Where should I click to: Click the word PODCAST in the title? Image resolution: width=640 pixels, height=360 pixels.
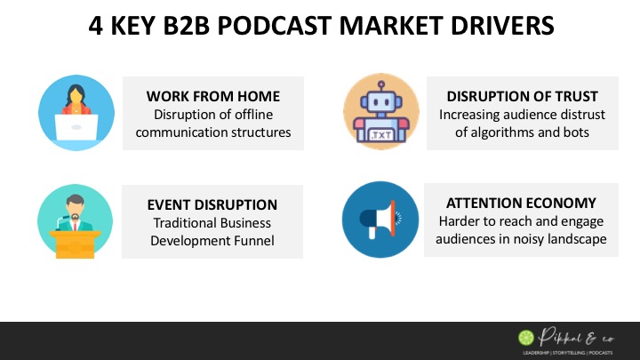[x=275, y=26]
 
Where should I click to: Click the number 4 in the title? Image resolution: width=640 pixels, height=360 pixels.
[x=95, y=26]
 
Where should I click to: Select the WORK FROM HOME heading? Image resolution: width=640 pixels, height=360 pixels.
[x=213, y=96]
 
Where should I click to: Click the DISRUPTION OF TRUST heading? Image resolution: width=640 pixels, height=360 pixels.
[x=522, y=96]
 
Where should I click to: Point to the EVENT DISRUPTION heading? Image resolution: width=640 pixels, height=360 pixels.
[x=212, y=204]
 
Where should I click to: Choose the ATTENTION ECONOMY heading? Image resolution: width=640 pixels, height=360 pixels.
[x=521, y=203]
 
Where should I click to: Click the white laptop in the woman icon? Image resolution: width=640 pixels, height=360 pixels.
[x=76, y=127]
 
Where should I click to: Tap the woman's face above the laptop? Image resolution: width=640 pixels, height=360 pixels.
[x=76, y=97]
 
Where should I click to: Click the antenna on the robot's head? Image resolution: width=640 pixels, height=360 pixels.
[x=380, y=86]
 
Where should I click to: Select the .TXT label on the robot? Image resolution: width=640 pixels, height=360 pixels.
[x=381, y=135]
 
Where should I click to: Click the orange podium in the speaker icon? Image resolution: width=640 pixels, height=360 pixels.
[x=75, y=244]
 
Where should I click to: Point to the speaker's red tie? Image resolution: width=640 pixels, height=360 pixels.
[x=75, y=226]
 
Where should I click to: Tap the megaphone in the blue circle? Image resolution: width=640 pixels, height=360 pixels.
[x=378, y=220]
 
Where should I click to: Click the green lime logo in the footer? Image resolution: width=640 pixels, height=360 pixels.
[x=526, y=338]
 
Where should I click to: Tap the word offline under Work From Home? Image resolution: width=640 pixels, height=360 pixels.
[x=252, y=115]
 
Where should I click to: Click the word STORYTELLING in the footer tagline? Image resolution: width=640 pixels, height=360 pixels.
[x=568, y=353]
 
